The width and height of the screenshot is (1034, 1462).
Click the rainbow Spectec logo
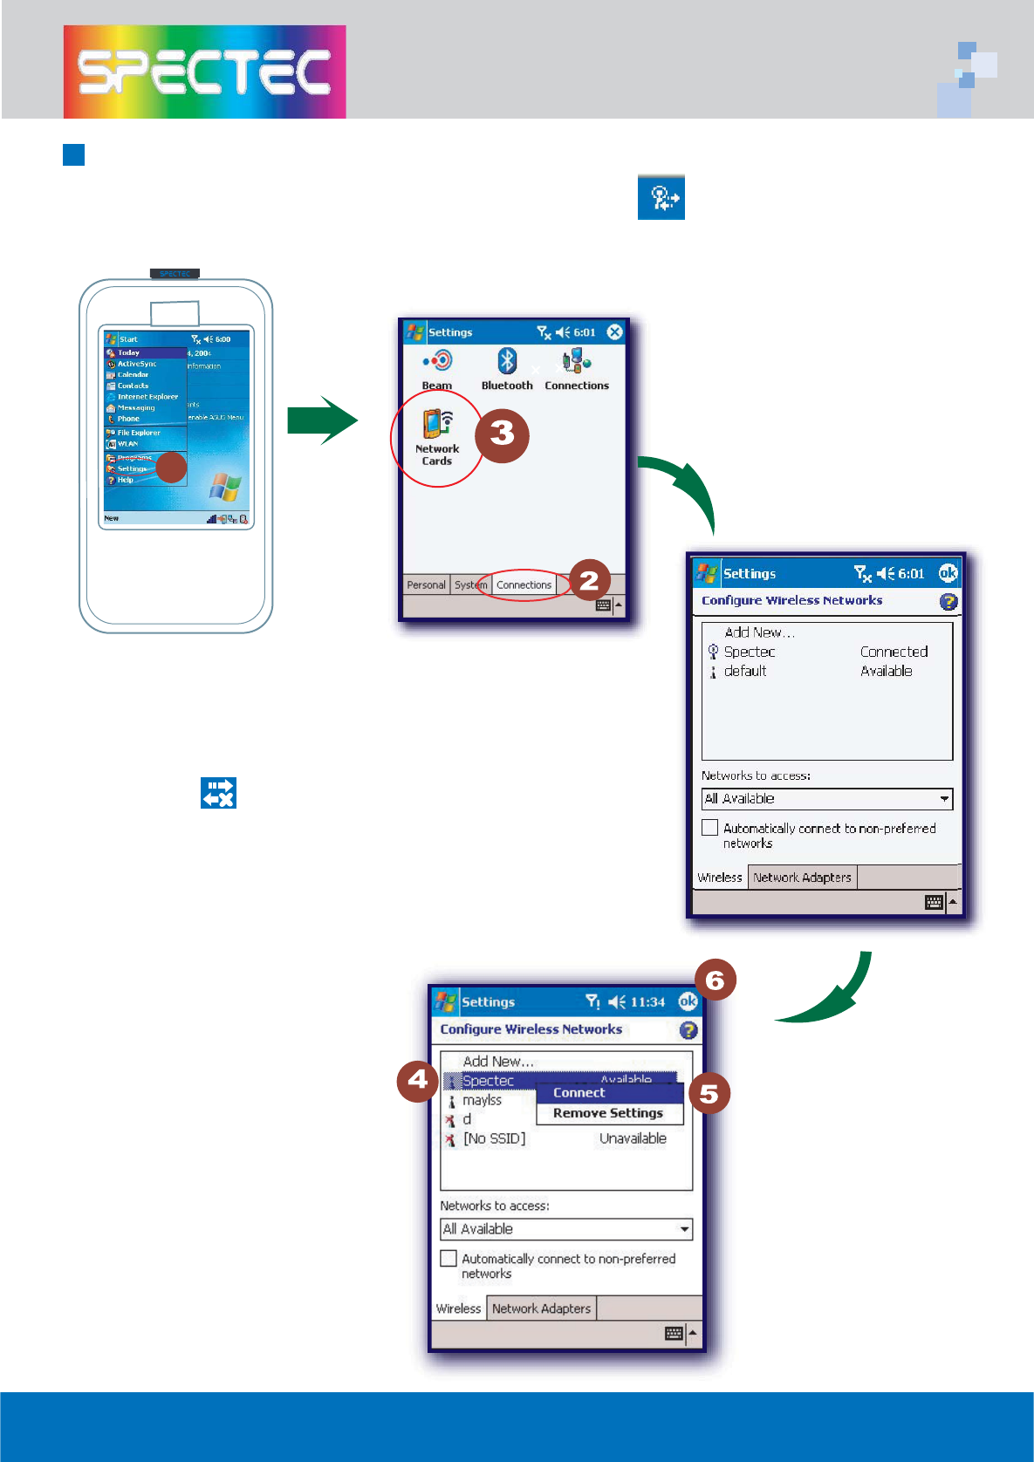(204, 72)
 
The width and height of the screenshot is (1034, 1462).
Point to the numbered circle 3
(502, 434)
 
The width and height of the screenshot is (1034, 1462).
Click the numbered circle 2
(589, 580)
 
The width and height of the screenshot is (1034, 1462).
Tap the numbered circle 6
(715, 980)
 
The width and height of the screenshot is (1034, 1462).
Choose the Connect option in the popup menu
(579, 1093)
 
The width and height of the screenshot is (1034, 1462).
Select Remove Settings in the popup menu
(608, 1113)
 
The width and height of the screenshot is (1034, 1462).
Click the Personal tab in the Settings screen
(426, 585)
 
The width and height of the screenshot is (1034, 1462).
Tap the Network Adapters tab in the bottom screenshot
(541, 1308)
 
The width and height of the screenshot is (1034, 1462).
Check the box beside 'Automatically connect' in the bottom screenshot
(449, 1259)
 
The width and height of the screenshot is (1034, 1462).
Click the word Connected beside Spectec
(894, 652)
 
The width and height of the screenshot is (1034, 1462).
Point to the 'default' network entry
(745, 671)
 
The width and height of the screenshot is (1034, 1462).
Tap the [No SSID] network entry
(494, 1138)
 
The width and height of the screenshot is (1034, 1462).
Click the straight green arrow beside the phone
(322, 420)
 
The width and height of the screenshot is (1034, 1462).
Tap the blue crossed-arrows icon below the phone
(218, 793)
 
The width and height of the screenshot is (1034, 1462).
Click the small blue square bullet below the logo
(74, 155)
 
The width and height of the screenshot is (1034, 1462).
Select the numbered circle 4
(418, 1081)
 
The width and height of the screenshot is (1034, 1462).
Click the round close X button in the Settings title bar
(615, 331)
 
